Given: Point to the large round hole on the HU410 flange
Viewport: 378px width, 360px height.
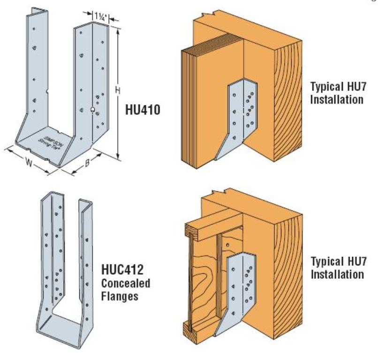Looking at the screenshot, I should pos(93,110).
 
